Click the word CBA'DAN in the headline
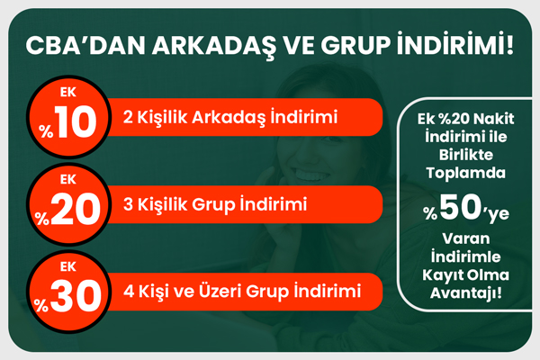click(x=85, y=45)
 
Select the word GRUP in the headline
click(x=355, y=45)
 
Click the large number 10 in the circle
click(x=76, y=121)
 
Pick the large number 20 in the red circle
click(x=75, y=209)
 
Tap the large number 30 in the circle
click(x=76, y=296)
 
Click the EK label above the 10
click(x=67, y=93)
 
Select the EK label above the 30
click(x=67, y=266)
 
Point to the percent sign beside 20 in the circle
click(x=42, y=219)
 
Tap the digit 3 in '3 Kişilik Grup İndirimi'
click(x=128, y=204)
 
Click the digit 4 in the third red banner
click(x=129, y=292)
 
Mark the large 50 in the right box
click(x=460, y=207)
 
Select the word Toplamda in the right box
click(x=465, y=174)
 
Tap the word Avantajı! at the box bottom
click(x=465, y=294)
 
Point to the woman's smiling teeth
click(x=309, y=175)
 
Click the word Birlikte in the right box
click(x=465, y=155)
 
